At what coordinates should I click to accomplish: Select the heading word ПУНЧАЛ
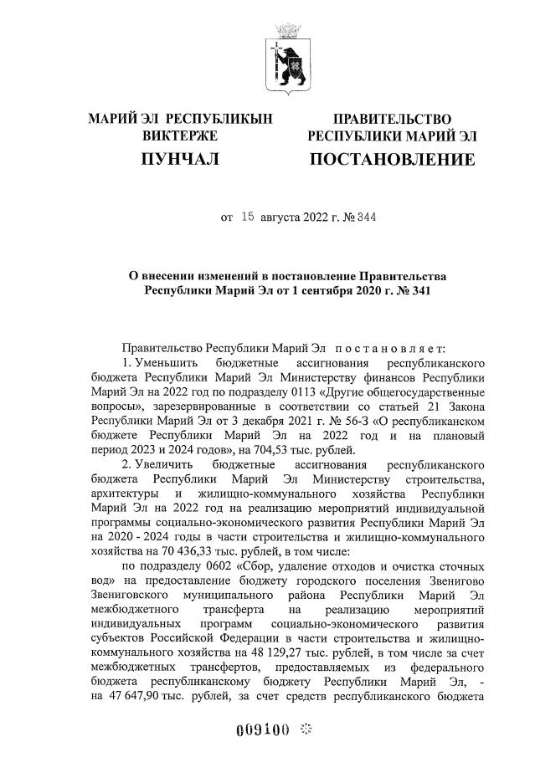tap(180, 159)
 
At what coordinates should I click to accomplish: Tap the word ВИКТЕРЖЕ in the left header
tap(180, 136)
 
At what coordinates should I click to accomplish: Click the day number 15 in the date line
tap(247, 217)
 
